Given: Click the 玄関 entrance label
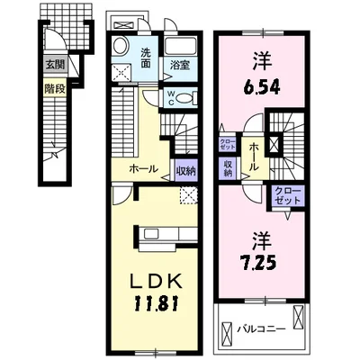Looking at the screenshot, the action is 55,64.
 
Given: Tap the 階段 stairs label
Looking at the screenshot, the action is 55,89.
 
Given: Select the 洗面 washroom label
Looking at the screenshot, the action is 146,58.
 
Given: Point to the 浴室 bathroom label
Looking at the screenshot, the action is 180,66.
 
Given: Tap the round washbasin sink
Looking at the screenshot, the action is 121,46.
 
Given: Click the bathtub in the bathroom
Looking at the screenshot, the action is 181,47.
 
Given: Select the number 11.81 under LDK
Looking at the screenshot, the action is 157,303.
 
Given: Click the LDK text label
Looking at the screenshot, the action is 156,282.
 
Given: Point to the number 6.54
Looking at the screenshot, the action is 261,87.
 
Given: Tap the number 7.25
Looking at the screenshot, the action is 258,263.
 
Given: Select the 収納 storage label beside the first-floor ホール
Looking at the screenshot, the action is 185,171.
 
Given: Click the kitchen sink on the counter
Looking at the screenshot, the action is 151,234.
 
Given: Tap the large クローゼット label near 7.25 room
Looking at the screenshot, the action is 288,195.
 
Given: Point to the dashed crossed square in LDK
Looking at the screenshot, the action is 189,195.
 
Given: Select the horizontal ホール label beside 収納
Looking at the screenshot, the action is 143,169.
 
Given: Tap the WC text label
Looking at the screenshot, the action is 171,97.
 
